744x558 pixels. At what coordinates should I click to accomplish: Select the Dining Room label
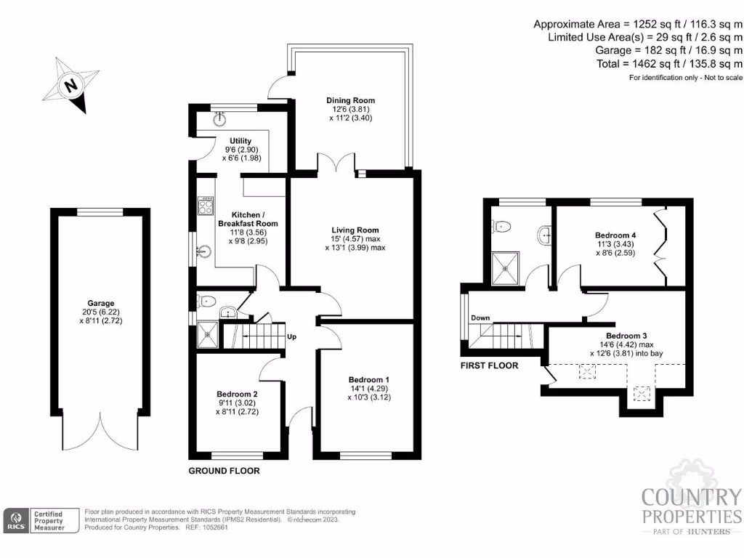click(x=349, y=100)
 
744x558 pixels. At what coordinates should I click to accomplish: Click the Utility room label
click(x=240, y=141)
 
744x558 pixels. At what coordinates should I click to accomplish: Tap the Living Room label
click(x=355, y=230)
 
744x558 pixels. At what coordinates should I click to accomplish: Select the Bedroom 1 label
click(x=368, y=379)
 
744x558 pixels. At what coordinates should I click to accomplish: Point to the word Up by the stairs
click(x=291, y=337)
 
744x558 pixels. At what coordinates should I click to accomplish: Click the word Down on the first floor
click(x=480, y=318)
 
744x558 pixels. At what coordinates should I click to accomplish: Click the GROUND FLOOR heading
click(x=224, y=471)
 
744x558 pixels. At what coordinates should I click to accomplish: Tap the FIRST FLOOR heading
click(x=490, y=365)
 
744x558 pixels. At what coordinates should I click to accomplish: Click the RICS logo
click(x=17, y=520)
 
